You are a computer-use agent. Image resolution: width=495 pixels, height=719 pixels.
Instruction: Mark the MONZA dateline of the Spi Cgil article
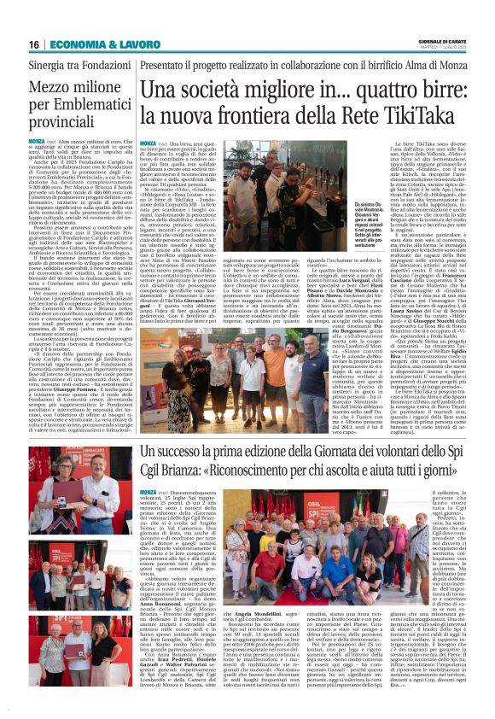148,493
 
